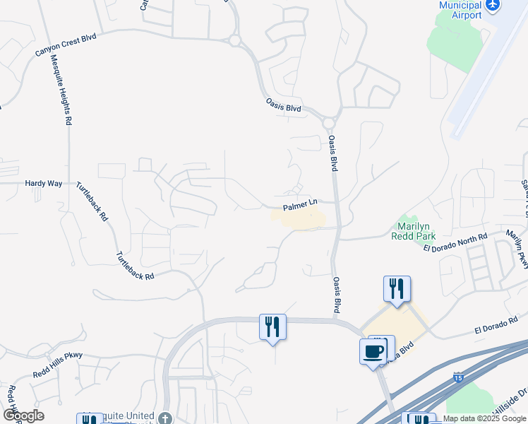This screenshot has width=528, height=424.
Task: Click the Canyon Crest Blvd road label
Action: pos(59,42)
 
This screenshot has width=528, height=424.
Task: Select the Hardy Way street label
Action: pos(44,183)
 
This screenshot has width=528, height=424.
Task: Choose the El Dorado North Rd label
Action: pos(455,243)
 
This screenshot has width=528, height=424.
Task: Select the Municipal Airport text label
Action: pos(460,10)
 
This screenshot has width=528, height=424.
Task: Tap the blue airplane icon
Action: pos(493,5)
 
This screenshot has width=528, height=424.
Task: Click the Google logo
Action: pos(23,416)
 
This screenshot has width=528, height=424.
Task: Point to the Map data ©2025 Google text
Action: pos(485,418)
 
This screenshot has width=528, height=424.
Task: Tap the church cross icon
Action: pos(164,418)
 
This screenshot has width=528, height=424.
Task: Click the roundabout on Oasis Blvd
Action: pos(328,124)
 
